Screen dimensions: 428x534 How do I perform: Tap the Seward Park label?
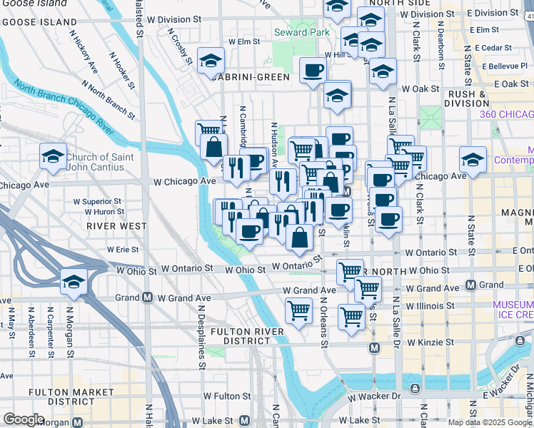(x=301, y=32)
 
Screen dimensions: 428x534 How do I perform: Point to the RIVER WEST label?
(x=106, y=225)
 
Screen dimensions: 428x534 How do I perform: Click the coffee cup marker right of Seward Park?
(x=313, y=71)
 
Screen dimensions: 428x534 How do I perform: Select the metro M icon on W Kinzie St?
(x=374, y=347)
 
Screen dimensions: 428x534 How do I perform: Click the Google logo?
(x=24, y=419)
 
